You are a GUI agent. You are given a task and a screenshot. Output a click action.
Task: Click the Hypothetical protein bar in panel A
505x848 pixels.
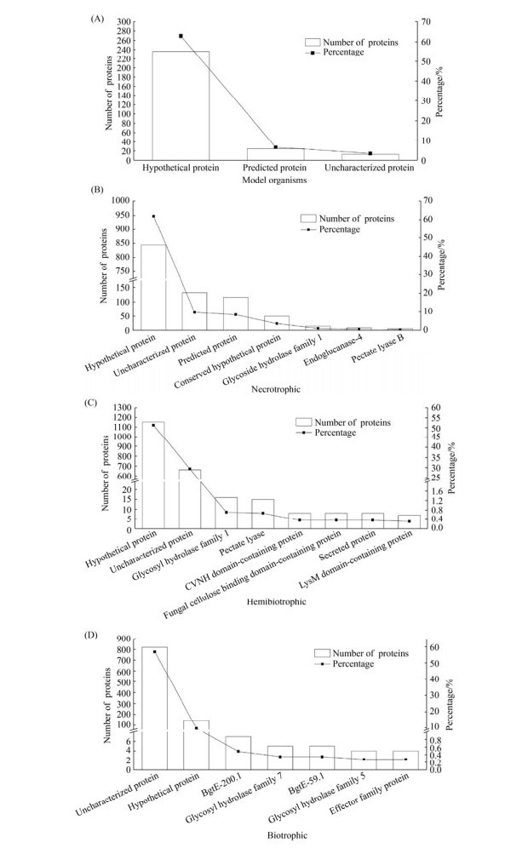(181, 106)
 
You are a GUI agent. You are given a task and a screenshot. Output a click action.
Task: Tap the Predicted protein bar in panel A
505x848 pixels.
(275, 154)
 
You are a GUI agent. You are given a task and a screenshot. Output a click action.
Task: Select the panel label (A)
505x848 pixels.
(96, 19)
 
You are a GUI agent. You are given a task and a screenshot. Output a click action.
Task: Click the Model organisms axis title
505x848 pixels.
(275, 180)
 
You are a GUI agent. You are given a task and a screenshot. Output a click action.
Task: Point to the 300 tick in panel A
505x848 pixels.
(123, 22)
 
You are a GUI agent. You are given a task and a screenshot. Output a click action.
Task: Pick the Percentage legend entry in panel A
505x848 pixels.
(344, 53)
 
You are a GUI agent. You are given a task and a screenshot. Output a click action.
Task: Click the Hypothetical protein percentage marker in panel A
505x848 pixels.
(181, 36)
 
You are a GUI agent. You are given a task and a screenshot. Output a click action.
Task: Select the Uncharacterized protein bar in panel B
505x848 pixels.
(194, 311)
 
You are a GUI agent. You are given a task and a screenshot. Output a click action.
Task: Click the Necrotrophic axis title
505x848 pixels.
(276, 389)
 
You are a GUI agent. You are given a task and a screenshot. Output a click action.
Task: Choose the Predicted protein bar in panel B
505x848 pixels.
(236, 313)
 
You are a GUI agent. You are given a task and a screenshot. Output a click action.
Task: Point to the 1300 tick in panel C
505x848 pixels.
(121, 407)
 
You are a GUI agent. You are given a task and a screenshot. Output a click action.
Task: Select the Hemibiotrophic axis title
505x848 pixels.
(276, 601)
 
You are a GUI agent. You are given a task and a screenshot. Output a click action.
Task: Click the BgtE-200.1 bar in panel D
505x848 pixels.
(238, 753)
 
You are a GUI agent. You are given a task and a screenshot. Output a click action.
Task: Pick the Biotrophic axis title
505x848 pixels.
(287, 835)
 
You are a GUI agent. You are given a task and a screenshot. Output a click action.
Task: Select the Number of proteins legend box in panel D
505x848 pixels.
(322, 653)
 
